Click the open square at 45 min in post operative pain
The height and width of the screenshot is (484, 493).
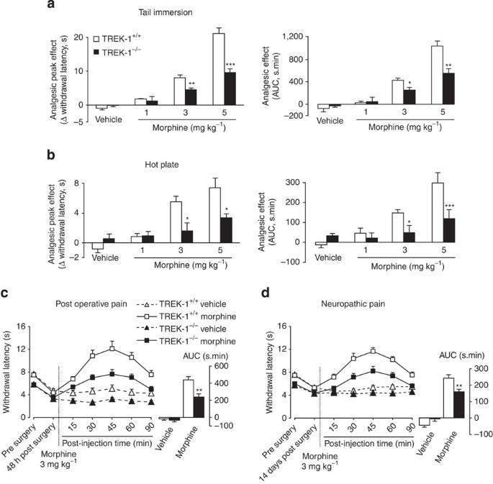[x=112, y=349]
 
